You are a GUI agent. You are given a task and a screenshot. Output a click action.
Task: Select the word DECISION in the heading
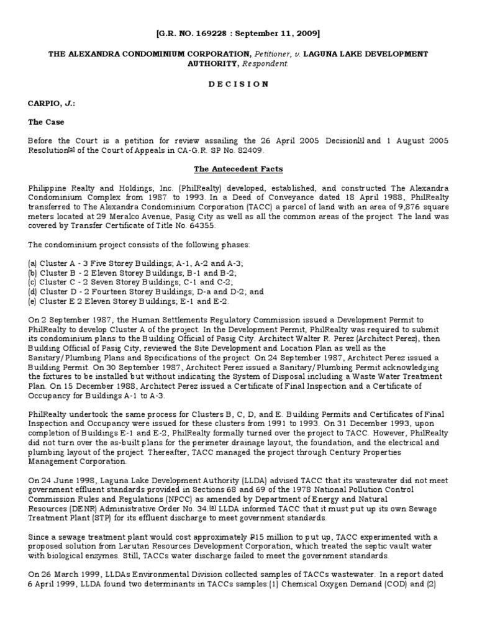[238, 84]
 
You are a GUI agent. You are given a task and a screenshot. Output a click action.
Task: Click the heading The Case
[45, 122]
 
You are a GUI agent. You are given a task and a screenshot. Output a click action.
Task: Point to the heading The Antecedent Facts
[238, 168]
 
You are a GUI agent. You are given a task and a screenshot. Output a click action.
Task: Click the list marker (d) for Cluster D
[33, 291]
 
